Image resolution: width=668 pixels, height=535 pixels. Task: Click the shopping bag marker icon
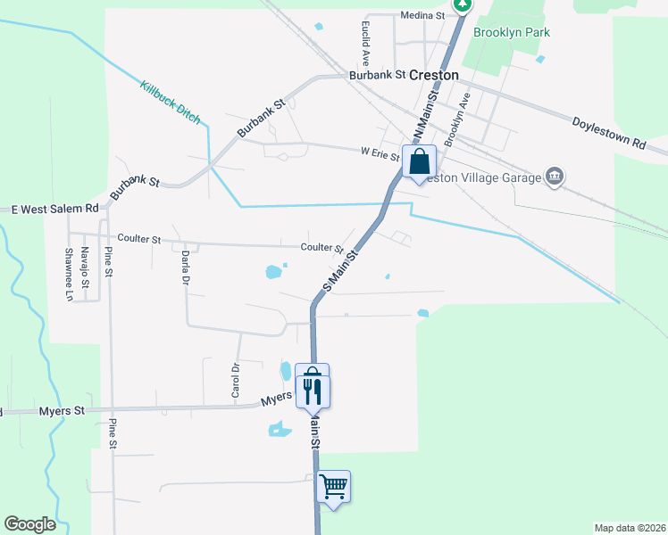click(420, 162)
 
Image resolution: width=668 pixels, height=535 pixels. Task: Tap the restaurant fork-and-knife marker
click(313, 391)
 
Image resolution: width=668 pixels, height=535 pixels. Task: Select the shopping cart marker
click(333, 487)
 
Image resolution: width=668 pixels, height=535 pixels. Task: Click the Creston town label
click(434, 76)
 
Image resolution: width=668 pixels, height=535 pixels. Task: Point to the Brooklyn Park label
click(512, 33)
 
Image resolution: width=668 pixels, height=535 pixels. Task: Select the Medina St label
click(422, 15)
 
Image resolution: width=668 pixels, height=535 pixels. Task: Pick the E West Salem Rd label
click(54, 209)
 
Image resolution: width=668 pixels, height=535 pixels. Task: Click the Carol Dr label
click(236, 380)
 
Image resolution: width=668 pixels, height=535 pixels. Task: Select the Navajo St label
click(85, 267)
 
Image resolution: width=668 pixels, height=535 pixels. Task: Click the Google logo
click(29, 524)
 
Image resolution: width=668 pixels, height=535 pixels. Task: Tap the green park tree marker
click(463, 4)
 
